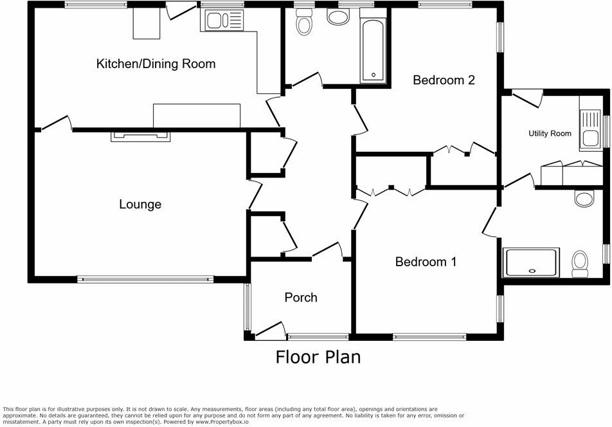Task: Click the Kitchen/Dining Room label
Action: (x=156, y=64)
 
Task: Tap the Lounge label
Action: (x=140, y=204)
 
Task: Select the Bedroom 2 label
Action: (x=444, y=80)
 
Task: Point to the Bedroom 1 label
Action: (x=426, y=262)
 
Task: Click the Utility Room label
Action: (x=550, y=134)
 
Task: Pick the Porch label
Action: (x=301, y=297)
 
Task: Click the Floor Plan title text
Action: (x=318, y=356)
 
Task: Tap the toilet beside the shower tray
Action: (x=580, y=262)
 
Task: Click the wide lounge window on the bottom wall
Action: (x=145, y=280)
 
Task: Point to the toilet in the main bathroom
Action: (x=303, y=24)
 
